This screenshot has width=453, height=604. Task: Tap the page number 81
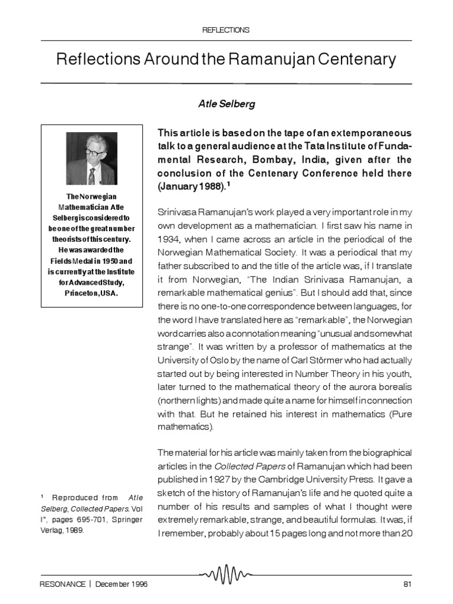click(x=406, y=584)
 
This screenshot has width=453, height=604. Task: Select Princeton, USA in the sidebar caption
click(x=91, y=292)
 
